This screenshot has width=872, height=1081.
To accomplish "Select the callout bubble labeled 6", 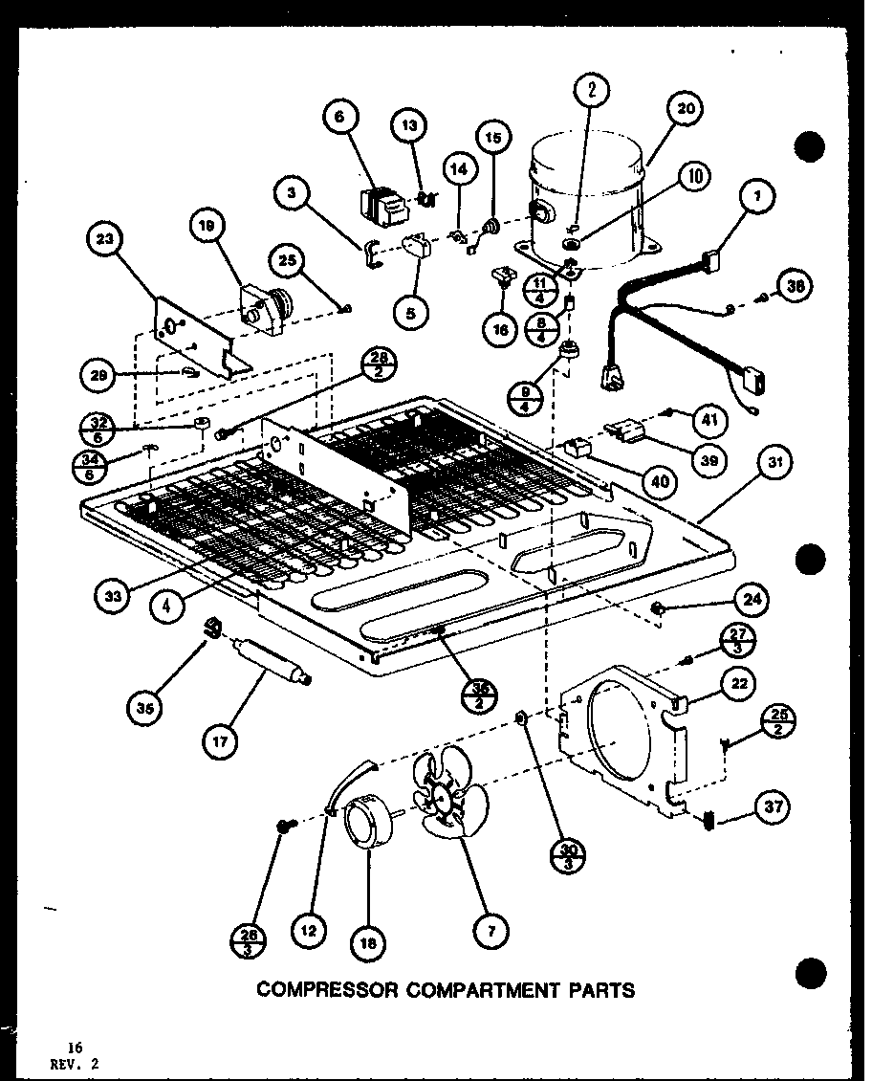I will pyautogui.click(x=340, y=118).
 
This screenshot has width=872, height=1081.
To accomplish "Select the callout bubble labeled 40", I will pyautogui.click(x=660, y=480).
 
